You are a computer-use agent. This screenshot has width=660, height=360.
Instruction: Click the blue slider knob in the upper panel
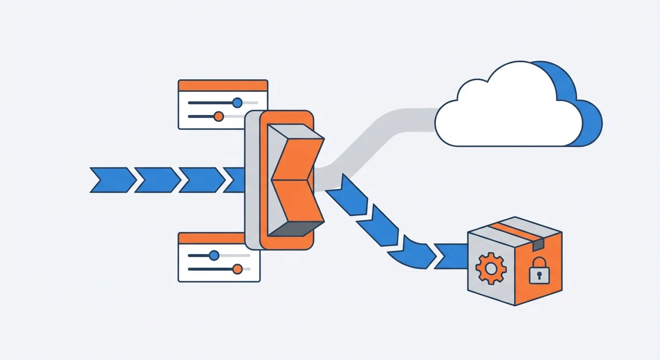point(237,102)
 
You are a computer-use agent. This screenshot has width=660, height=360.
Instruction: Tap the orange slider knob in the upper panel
point(218,116)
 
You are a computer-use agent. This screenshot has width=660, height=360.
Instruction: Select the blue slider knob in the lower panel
point(214,255)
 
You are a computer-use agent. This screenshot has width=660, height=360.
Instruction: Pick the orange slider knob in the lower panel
point(237,269)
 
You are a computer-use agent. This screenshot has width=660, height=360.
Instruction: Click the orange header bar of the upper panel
point(223,85)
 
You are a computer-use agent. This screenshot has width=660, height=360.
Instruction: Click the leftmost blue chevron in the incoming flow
point(111,180)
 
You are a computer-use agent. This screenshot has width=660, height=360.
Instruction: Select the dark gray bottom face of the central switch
point(293,229)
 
